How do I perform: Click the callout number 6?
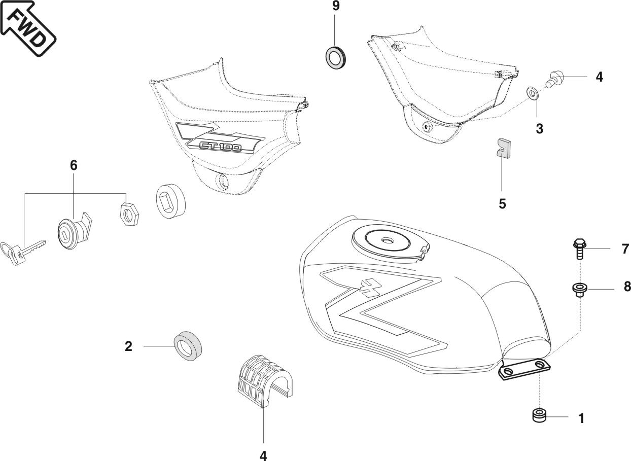point(74,165)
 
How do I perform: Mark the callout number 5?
point(502,204)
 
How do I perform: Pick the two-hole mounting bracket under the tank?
point(523,369)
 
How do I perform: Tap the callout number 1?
point(582,419)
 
